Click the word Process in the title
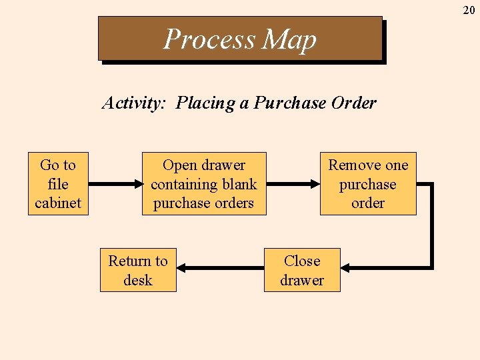pos(209,39)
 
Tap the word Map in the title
pos(289,40)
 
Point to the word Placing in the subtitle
pos(204,104)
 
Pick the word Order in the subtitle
pos(355,103)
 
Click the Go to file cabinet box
pos(58,184)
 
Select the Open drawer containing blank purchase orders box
pos(203,184)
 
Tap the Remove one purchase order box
pos(368,184)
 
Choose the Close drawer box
pos(302,270)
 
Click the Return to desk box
pos(138,270)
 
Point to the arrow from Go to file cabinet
pos(115,184)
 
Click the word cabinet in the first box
pos(58,203)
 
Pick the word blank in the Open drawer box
pos(240,185)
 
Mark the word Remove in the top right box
pos(353,165)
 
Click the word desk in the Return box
pos(138,280)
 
